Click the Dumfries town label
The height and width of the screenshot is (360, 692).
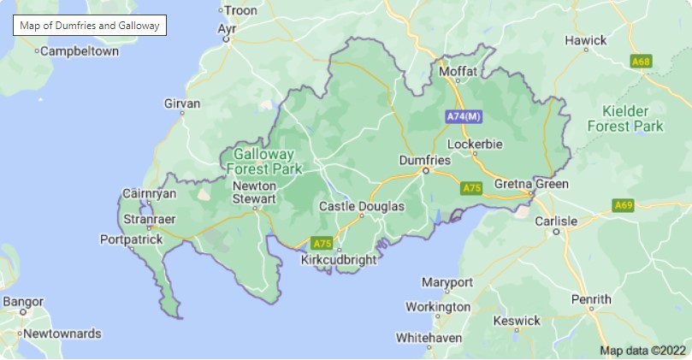coord(425,160)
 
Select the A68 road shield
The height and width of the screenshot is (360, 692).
coord(641,62)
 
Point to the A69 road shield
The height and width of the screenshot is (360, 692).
coord(623,205)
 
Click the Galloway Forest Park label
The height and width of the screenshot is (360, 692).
coord(263,162)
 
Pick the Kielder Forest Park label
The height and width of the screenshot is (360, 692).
coord(625,119)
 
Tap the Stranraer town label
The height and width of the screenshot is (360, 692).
coord(150,220)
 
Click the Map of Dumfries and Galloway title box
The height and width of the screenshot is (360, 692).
coord(89,26)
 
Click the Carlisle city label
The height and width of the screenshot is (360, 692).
coord(556,221)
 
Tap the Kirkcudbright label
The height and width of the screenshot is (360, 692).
coord(339,259)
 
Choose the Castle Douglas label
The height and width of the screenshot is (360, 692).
coord(361,206)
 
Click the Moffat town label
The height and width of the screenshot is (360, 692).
coord(458,72)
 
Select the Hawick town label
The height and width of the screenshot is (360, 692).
coord(586,40)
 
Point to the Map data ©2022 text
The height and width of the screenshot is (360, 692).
coord(642,350)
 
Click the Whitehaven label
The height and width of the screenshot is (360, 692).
coord(429,338)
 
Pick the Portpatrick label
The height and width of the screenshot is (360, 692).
coord(131,239)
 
